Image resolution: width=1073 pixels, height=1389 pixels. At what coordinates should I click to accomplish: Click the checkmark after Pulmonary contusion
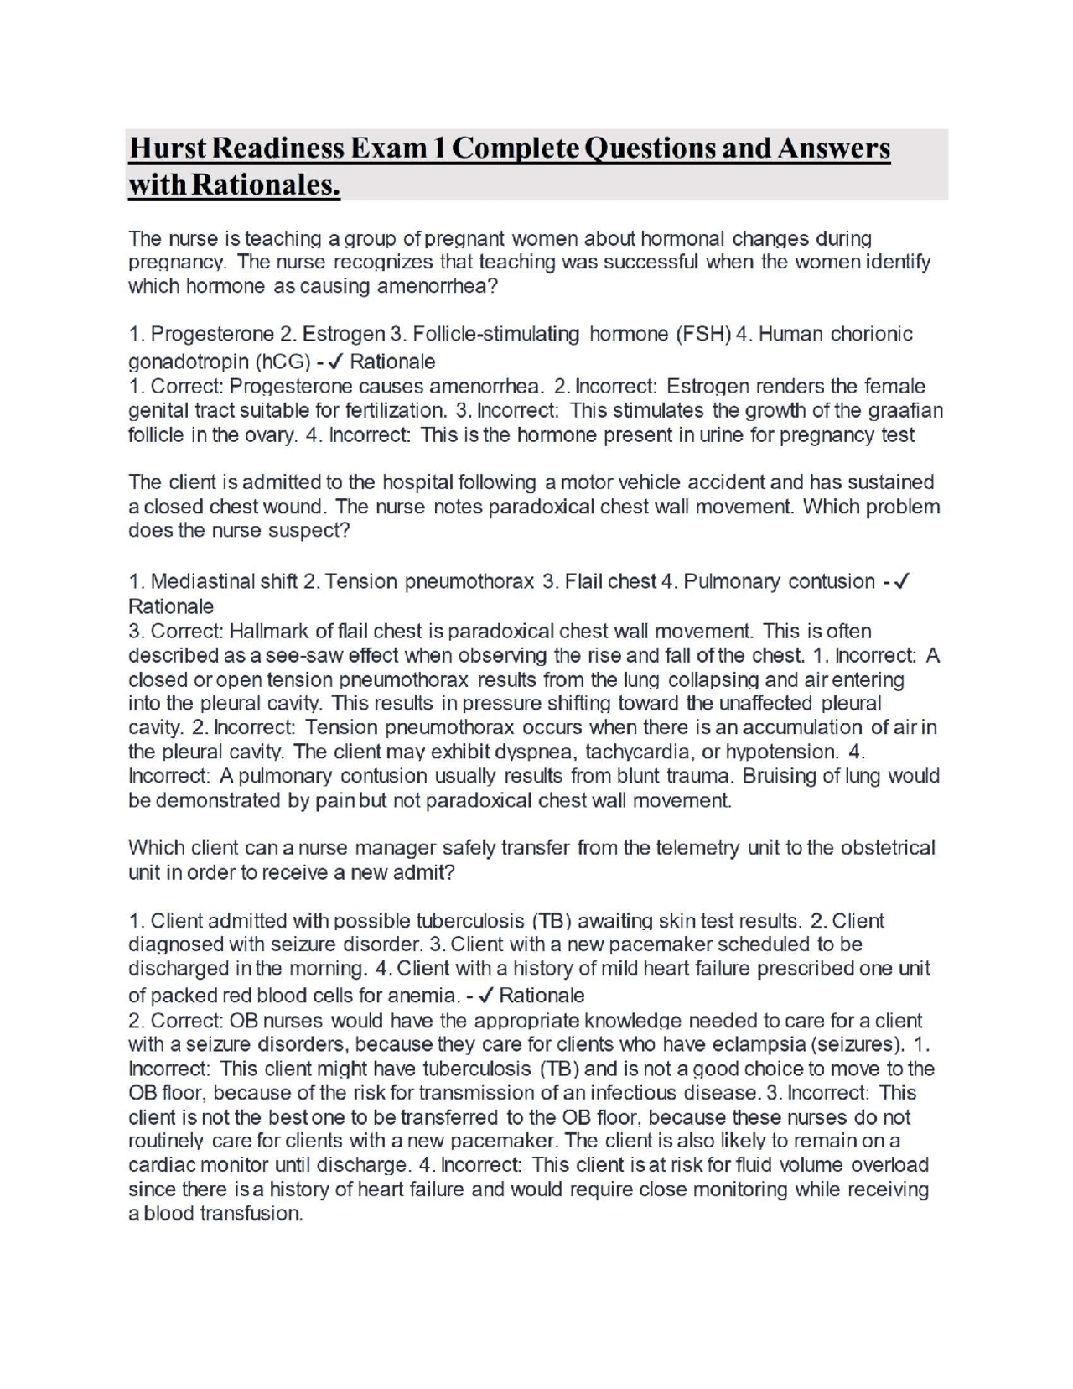tap(903, 581)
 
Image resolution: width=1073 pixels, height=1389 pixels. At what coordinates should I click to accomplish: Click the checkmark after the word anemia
tap(485, 996)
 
